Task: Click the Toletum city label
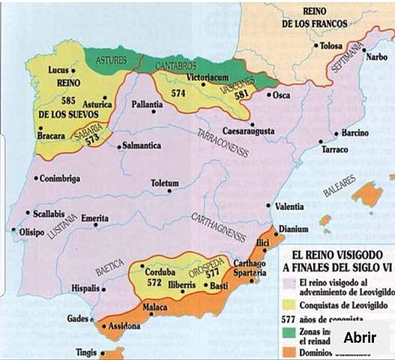[x=165, y=184]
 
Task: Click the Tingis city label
[x=86, y=352]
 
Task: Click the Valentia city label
[x=289, y=206]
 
